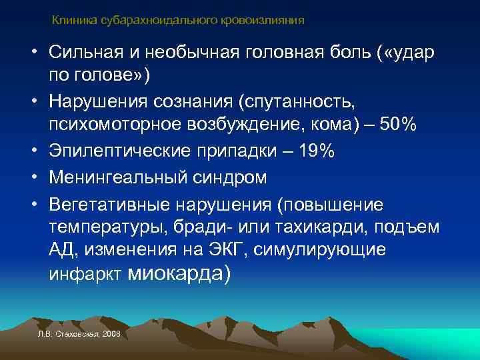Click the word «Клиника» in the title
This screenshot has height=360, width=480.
click(75, 21)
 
